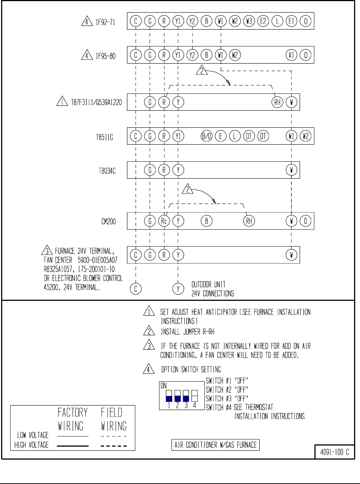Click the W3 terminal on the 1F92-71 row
[249, 21]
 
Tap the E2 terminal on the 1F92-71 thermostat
[263, 21]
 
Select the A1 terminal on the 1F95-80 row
[291, 55]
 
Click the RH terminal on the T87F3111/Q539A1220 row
[277, 102]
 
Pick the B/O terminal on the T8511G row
[206, 136]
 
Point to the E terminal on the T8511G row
[221, 136]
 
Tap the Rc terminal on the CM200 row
[164, 221]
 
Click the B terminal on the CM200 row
[206, 221]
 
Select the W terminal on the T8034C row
[291, 170]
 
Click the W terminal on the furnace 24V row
[291, 255]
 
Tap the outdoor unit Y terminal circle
[178, 289]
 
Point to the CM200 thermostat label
[109, 222]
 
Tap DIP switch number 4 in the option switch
[195, 396]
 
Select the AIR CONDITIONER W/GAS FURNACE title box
[216, 445]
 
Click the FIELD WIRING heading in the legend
[114, 419]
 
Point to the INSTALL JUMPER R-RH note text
[187, 332]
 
